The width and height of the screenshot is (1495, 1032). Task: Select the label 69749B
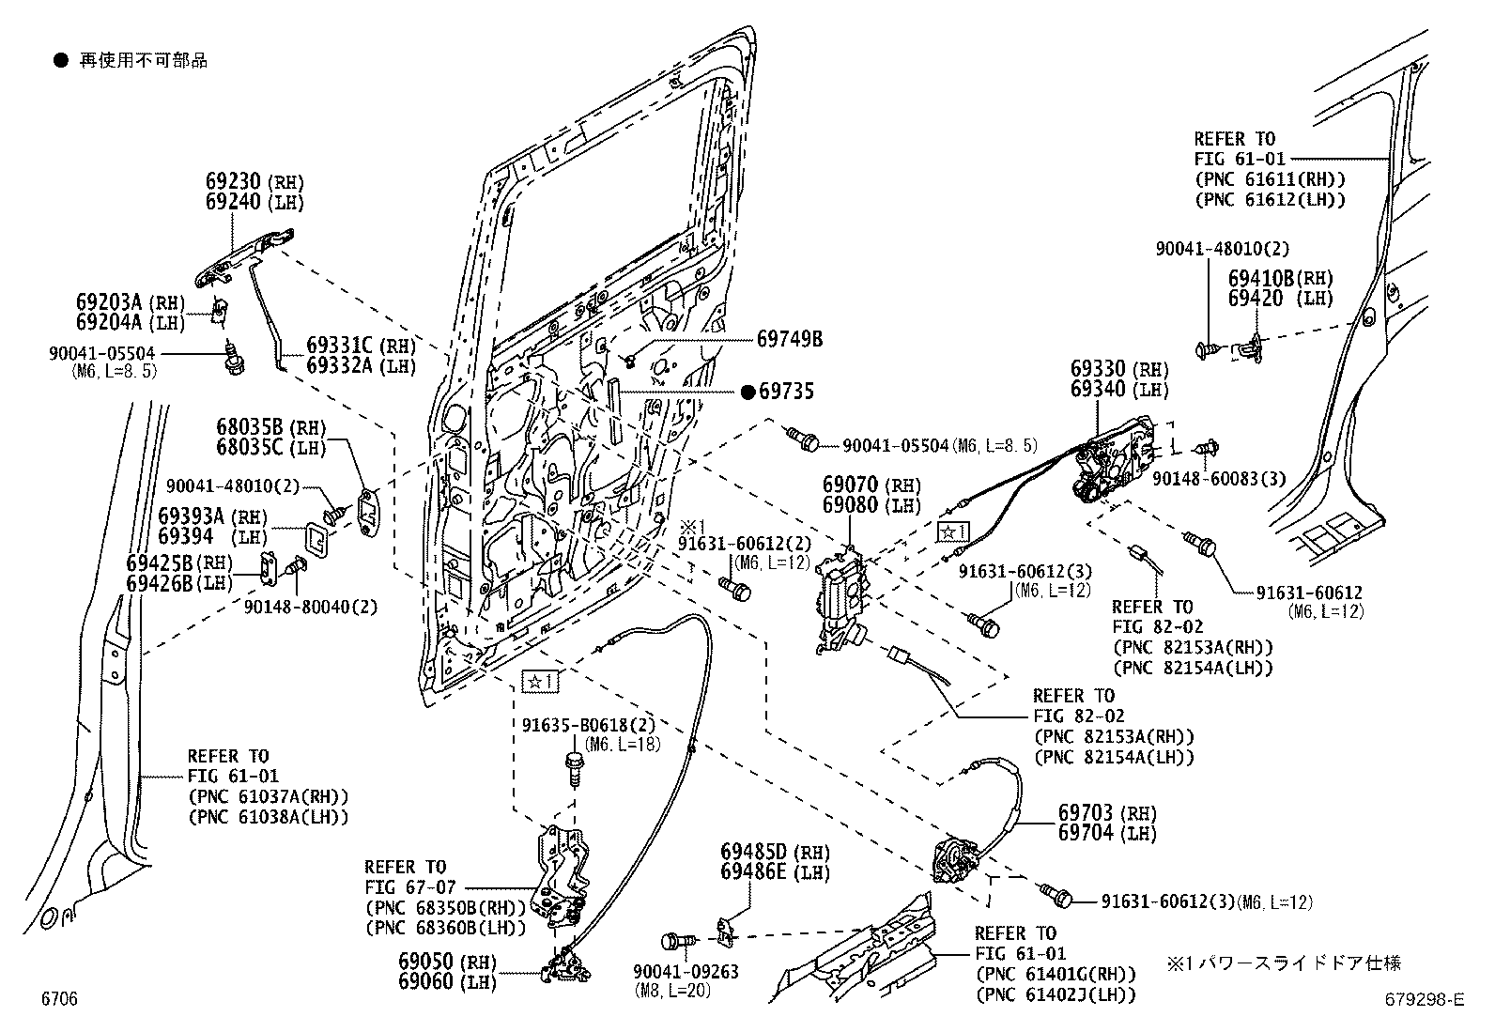coord(790,339)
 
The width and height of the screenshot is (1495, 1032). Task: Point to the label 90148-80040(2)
coord(310,607)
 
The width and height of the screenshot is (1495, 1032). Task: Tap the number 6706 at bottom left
coord(58,999)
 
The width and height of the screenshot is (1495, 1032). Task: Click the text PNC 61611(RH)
coord(1270,179)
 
